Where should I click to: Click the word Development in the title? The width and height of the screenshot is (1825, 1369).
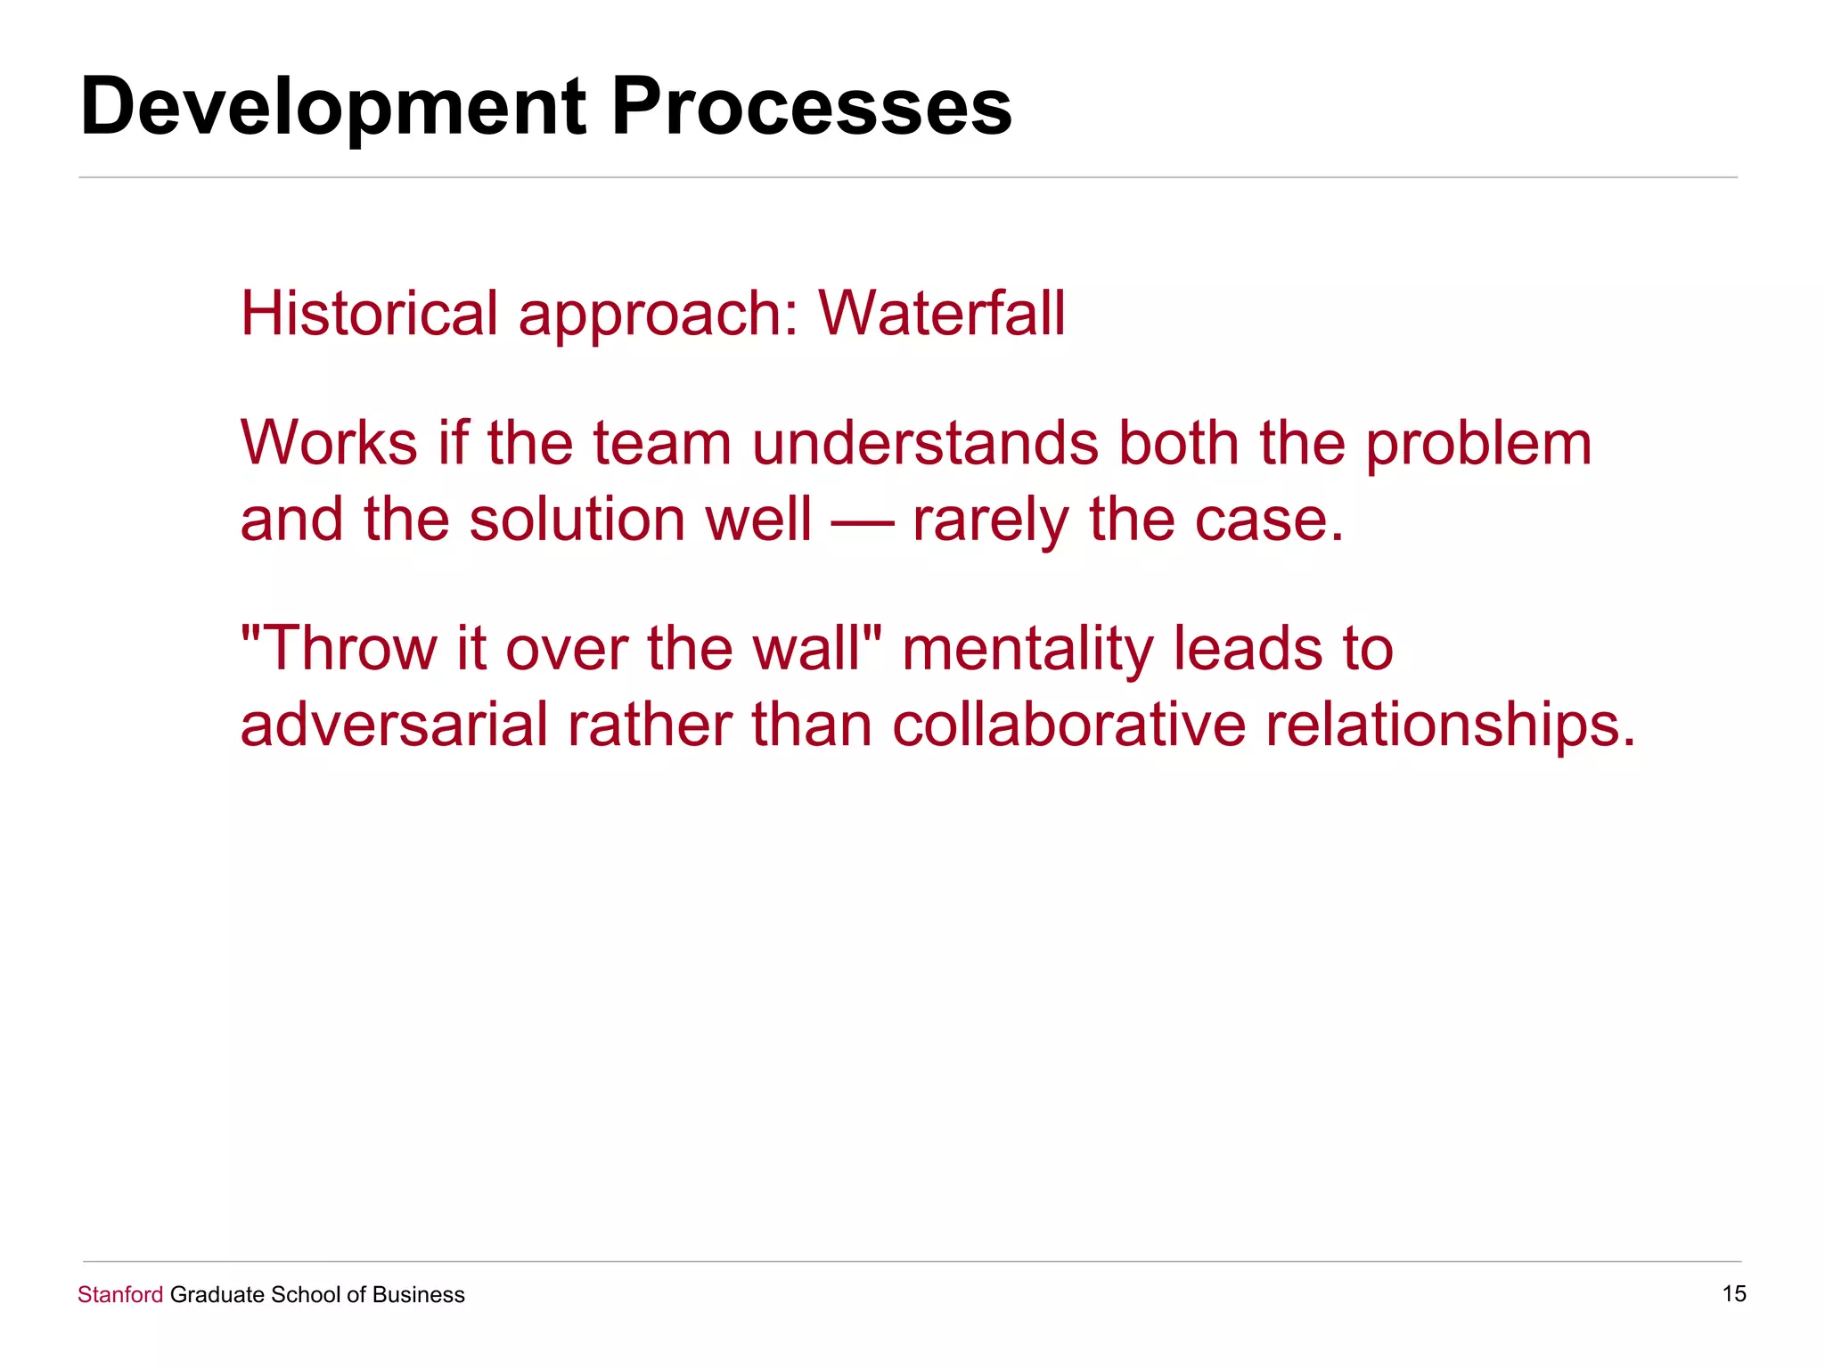click(x=332, y=107)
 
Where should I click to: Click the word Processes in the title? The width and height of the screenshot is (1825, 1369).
click(x=811, y=107)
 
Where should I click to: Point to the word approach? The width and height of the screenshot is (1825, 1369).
click(x=659, y=316)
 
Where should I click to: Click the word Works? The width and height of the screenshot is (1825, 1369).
click(x=329, y=443)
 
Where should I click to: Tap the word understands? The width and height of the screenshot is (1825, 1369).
click(x=925, y=443)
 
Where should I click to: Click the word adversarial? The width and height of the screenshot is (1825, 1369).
click(x=394, y=724)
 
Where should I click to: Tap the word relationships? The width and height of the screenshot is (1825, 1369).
click(x=1450, y=725)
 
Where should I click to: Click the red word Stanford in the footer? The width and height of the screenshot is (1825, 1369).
click(x=120, y=1295)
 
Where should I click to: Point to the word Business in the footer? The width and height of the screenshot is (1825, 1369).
click(x=418, y=1295)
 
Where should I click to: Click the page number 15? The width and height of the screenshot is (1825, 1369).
click(x=1733, y=1294)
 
